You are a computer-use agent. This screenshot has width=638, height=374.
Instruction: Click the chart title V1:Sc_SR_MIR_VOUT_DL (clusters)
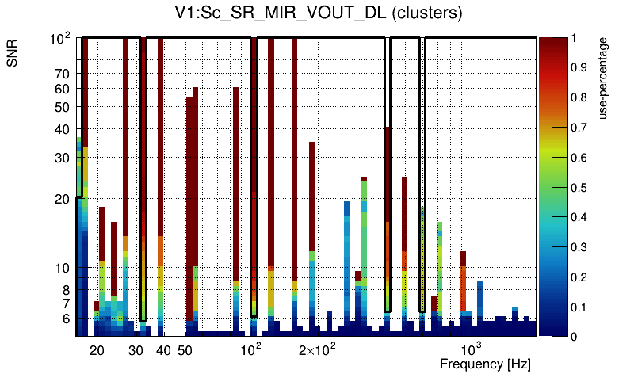318,13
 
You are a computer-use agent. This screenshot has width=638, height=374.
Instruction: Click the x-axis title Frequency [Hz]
485,364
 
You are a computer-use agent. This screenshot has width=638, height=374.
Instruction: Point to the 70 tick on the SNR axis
63,74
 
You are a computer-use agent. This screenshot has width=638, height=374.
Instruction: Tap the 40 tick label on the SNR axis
63,129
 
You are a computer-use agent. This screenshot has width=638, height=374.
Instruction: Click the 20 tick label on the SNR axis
63,199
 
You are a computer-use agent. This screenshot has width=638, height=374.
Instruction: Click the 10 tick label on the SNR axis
63,268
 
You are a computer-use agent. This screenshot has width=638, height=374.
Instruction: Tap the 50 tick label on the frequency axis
185,350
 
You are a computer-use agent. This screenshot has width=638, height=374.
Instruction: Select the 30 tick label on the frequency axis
136,350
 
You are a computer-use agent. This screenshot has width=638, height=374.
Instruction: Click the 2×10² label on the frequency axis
317,349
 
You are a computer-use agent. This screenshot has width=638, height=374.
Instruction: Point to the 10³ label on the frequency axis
472,349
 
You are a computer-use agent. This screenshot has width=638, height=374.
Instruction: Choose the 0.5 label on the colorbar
579,188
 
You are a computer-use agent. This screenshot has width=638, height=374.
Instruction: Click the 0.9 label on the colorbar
579,68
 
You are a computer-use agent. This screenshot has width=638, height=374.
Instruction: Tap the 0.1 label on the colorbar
579,307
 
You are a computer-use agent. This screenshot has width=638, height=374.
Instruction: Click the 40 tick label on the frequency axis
164,350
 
